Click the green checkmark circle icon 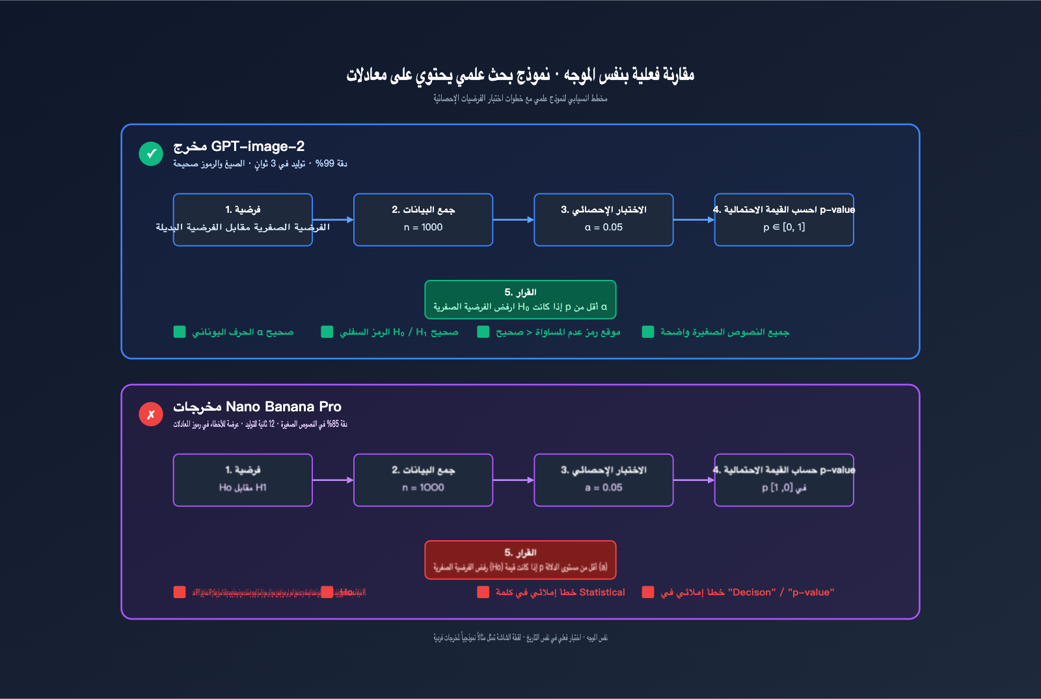(x=151, y=154)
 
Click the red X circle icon (x=151, y=415)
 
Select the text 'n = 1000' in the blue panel (x=423, y=227)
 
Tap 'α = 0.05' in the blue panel (x=603, y=227)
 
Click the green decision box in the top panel (x=520, y=299)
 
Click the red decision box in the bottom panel (x=520, y=560)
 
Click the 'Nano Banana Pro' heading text (x=284, y=407)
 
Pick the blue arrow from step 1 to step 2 (x=332, y=220)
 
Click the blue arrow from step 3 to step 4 (x=694, y=220)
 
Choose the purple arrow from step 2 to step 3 (x=513, y=480)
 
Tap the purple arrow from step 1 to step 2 (x=332, y=480)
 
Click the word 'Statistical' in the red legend (x=602, y=592)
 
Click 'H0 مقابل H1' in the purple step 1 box (x=243, y=487)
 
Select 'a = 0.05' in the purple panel (x=603, y=487)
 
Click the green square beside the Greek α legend (x=180, y=332)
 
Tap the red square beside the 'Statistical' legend (x=483, y=592)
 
